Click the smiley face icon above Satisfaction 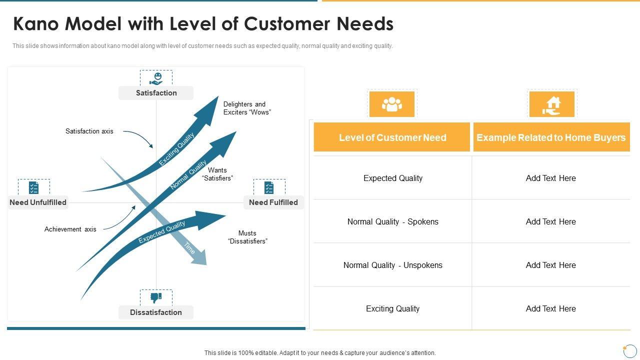point(156,78)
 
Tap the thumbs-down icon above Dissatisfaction point(156,298)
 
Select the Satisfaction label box point(156,93)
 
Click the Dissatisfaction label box point(156,312)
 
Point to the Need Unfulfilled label point(38,202)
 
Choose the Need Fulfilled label point(273,202)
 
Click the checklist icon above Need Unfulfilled point(34,188)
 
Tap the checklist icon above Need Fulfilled point(269,188)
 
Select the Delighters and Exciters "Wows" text point(247,108)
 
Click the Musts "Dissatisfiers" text point(247,237)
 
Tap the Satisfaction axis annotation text point(89,131)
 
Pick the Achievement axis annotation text point(70,229)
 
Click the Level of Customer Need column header point(392,137)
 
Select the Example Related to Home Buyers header point(551,137)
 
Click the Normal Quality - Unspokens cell point(392,265)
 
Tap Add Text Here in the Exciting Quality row point(550,309)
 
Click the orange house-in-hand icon point(552,104)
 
